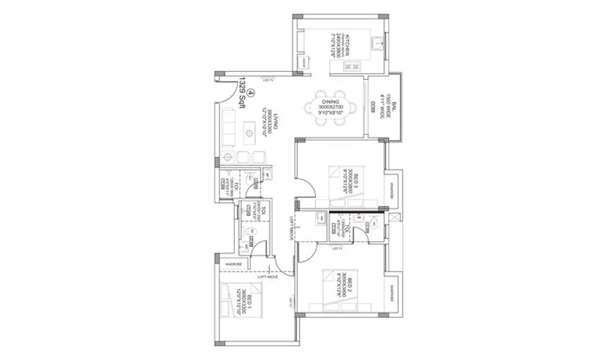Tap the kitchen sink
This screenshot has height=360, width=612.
[x=377, y=44]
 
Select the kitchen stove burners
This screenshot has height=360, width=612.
[x=351, y=68]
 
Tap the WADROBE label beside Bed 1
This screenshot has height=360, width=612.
[x=233, y=264]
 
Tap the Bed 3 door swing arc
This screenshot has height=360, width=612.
[x=305, y=191]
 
